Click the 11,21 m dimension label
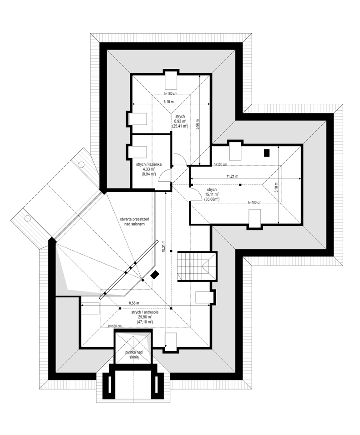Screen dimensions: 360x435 233,176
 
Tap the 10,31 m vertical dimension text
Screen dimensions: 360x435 163,246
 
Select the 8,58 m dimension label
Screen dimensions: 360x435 134,303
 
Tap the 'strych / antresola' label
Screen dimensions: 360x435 145,312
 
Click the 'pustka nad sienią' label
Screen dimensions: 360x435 134,354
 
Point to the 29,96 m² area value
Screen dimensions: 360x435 145,317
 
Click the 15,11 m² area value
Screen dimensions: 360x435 212,194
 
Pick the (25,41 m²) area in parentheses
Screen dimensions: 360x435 180,126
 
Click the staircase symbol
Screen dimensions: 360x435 197,266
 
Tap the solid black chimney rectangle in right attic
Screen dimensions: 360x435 267,153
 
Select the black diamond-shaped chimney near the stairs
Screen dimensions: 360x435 155,275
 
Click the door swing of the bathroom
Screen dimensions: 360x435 164,176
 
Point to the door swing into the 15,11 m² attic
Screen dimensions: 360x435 196,194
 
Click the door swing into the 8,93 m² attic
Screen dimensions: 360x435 180,159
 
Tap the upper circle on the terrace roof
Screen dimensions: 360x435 81,164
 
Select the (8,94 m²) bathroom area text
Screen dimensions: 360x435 148,174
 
